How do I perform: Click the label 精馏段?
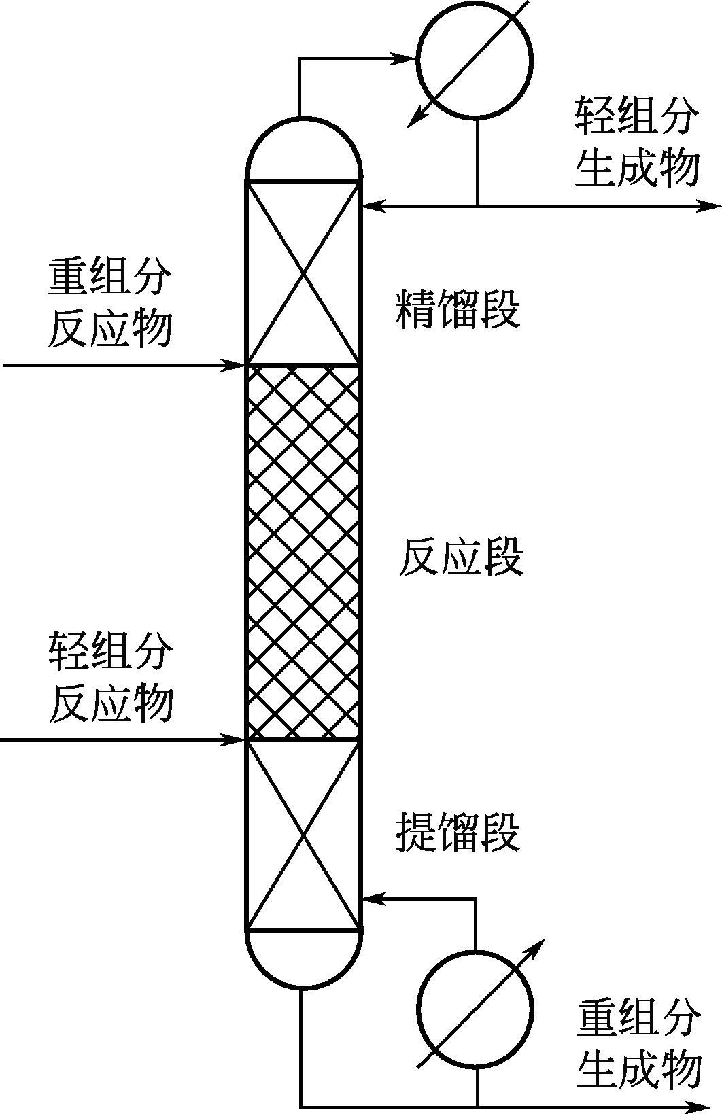click(458, 309)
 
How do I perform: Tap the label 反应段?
click(460, 557)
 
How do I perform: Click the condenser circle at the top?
click(474, 60)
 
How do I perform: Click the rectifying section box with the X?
click(303, 273)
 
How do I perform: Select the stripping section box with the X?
click(303, 834)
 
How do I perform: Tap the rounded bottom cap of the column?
click(303, 958)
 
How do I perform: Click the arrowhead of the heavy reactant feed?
click(237, 366)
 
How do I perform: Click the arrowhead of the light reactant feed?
click(237, 739)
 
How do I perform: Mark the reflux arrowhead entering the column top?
click(371, 204)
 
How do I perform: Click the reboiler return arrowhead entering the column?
click(371, 899)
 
